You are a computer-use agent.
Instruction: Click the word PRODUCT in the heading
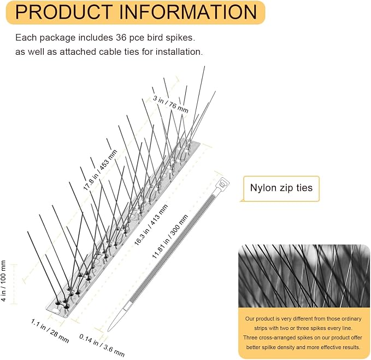[64, 12]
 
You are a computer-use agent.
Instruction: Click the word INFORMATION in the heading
[188, 12]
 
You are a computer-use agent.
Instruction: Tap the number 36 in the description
[121, 37]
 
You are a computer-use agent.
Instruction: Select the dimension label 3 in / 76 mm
[170, 104]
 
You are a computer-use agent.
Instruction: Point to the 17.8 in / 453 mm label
[101, 170]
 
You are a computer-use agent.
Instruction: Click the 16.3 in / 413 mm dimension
[151, 224]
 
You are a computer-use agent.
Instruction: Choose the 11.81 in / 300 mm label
[170, 236]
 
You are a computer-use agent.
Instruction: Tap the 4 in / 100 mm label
[3, 281]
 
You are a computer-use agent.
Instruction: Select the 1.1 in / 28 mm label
[50, 331]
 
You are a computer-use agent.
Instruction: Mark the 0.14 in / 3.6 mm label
[102, 345]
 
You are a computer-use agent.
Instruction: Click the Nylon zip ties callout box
[281, 189]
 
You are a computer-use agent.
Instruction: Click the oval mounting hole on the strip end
[55, 311]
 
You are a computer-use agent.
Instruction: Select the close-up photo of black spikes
[304, 276]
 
